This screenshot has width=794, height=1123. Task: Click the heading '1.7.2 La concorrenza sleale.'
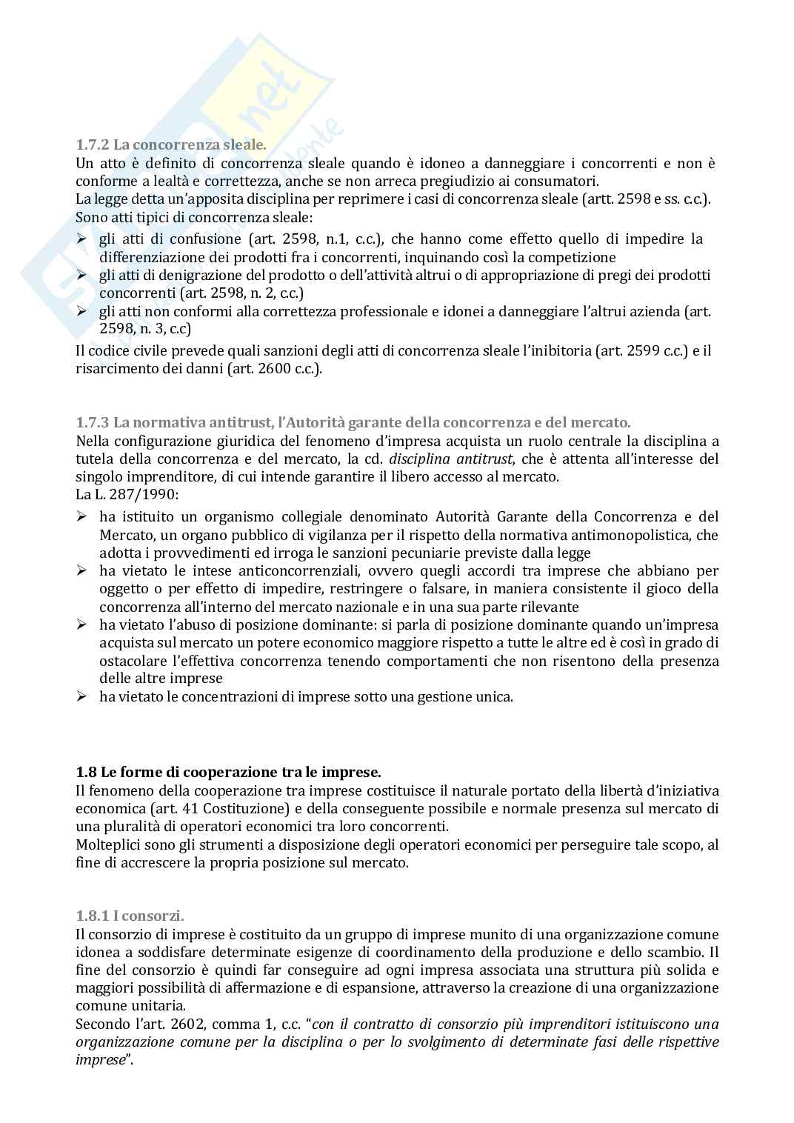click(170, 145)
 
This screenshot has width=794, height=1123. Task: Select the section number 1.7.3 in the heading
click(93, 422)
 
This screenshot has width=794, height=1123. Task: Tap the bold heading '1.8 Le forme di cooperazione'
click(228, 772)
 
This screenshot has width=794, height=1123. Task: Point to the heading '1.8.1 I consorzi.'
click(130, 916)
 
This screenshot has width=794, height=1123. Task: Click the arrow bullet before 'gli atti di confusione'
click(81, 239)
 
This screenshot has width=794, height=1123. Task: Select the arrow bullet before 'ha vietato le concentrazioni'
click(81, 696)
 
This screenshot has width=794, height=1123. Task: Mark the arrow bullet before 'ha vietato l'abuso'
click(81, 624)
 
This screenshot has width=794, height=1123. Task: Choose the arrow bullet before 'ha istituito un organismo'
click(81, 517)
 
